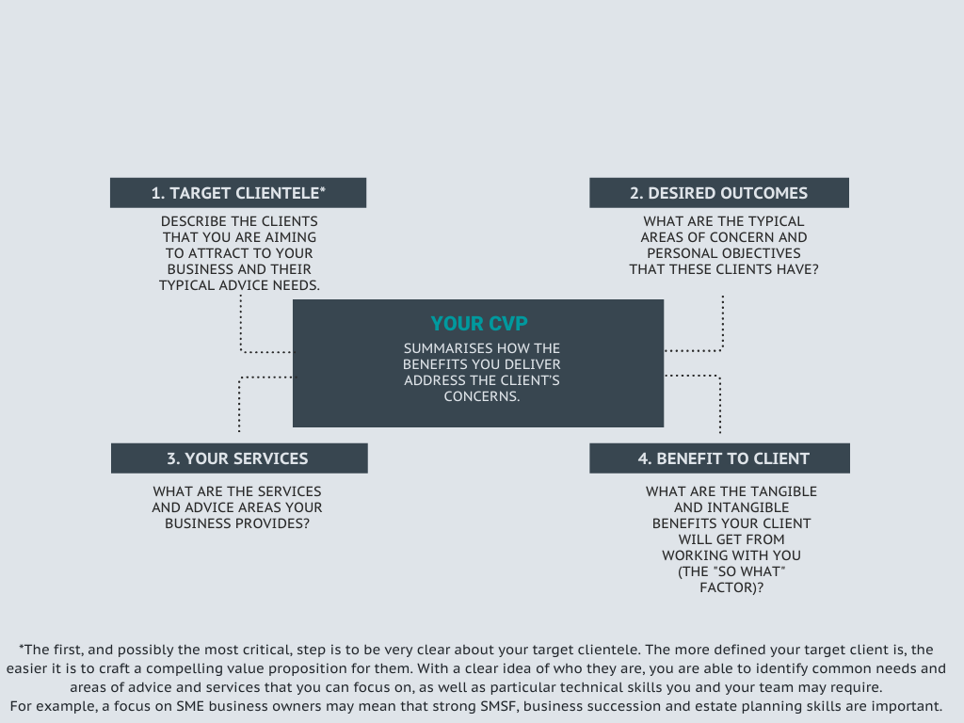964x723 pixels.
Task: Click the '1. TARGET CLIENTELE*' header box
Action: click(x=238, y=193)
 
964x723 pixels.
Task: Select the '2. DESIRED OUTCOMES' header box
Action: click(x=718, y=193)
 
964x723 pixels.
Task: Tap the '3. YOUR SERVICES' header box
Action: click(x=239, y=458)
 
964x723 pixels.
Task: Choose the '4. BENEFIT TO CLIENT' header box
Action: click(x=719, y=458)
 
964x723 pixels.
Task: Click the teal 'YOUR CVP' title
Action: click(x=479, y=324)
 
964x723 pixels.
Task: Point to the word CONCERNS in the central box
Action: click(x=480, y=396)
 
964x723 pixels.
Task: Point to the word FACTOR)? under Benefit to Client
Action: click(x=731, y=587)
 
